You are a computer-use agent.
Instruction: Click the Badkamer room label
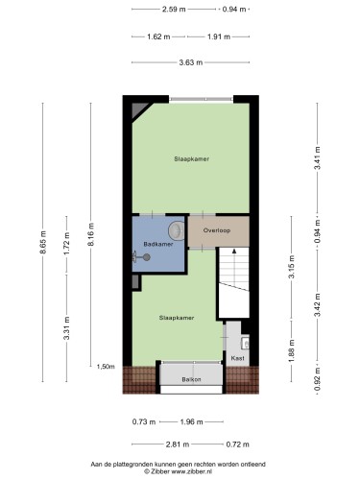(x=158, y=244)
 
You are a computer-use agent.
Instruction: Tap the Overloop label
(x=217, y=230)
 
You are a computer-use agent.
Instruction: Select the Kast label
(x=237, y=358)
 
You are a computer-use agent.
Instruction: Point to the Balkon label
(x=191, y=379)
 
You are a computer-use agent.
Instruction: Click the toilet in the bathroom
(x=177, y=230)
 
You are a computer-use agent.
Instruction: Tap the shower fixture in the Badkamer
(x=141, y=257)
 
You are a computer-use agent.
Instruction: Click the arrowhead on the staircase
(x=234, y=252)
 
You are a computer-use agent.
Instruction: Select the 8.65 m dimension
(x=43, y=242)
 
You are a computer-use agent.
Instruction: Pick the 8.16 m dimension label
(x=91, y=234)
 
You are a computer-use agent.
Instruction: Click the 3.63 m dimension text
(x=191, y=62)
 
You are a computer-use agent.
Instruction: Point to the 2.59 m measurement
(x=174, y=10)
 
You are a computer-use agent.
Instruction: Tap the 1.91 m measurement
(x=219, y=36)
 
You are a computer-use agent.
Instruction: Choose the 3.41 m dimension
(x=317, y=158)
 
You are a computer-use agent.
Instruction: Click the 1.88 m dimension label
(x=291, y=351)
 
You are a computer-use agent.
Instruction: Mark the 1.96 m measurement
(x=191, y=422)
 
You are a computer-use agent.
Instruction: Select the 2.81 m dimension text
(x=178, y=444)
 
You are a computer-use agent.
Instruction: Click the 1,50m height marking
(x=106, y=367)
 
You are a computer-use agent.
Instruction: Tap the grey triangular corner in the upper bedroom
(x=139, y=110)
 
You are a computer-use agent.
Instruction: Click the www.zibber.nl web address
(x=192, y=471)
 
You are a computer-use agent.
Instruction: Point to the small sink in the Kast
(x=246, y=343)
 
